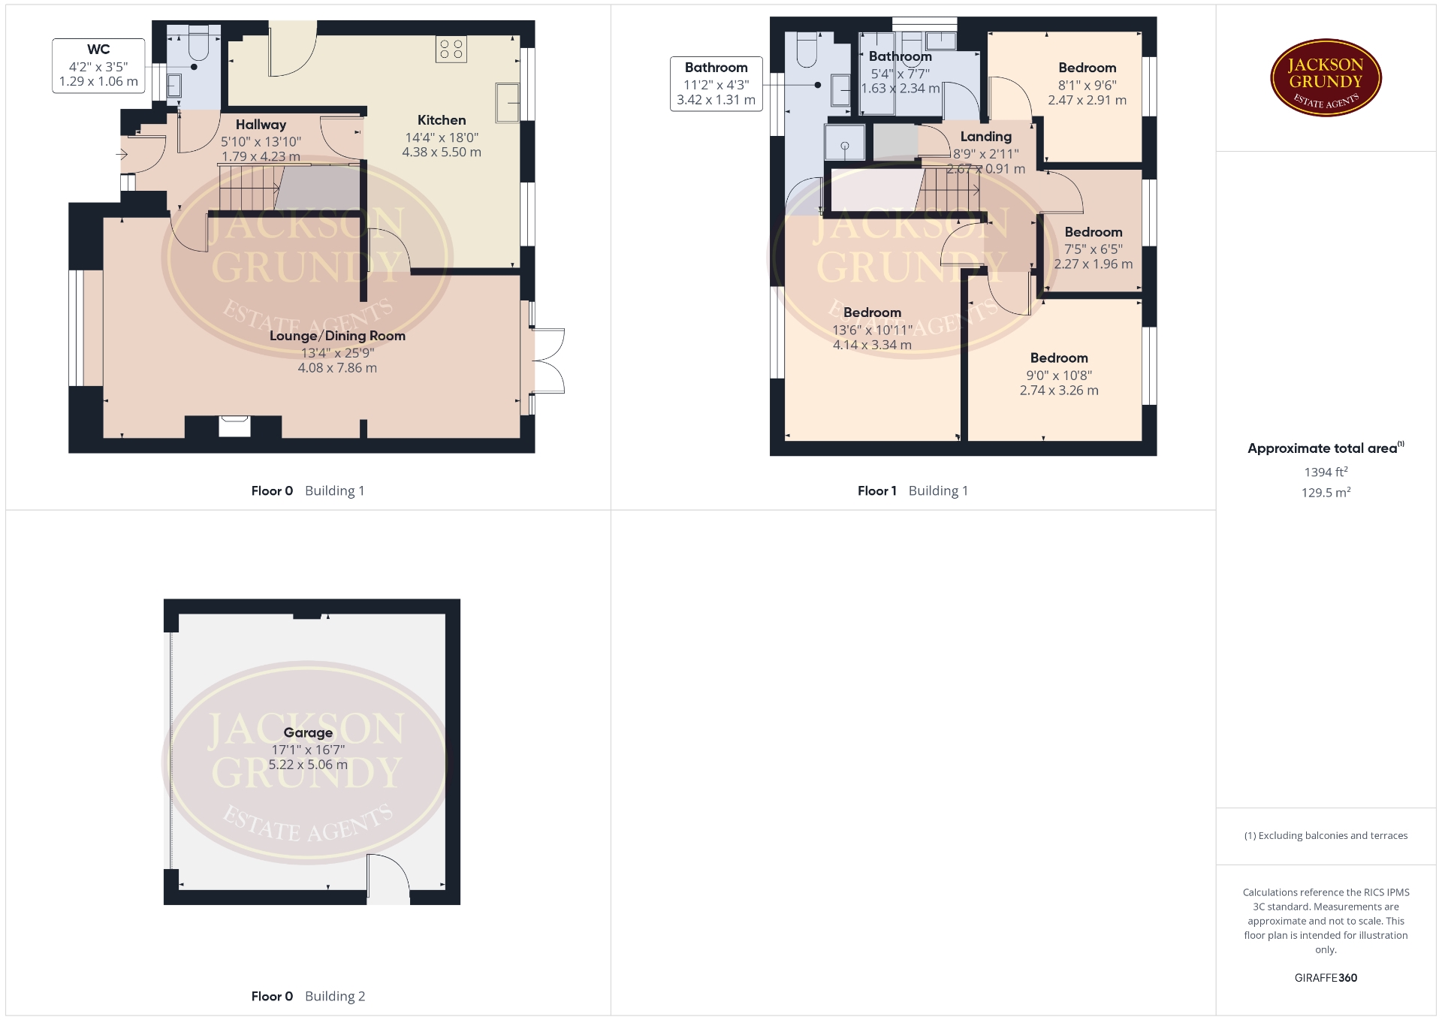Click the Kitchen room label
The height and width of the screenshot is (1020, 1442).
coord(442,120)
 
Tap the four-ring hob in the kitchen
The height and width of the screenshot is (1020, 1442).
coord(451,49)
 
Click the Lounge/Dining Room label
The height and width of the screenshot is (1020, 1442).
coord(337,336)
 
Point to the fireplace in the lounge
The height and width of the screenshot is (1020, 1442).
coord(234,426)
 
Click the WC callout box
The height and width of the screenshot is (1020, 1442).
coord(98,66)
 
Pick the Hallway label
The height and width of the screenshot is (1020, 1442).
coord(261,125)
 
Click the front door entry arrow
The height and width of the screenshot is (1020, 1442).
coord(122,155)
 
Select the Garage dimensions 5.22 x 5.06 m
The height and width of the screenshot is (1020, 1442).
coord(308,765)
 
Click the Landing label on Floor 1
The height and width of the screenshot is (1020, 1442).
coord(986,137)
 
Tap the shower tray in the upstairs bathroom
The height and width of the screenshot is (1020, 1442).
coord(844,142)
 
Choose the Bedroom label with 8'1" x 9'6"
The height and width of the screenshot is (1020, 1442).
coord(1087,68)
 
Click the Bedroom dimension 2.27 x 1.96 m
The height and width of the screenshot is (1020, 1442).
coord(1093,264)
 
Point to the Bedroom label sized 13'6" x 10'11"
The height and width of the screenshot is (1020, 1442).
coord(872,312)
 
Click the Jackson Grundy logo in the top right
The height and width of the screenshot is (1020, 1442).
coord(1326,78)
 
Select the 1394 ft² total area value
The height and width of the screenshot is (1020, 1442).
coord(1326,472)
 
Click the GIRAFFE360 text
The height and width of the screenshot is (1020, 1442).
coord(1326,978)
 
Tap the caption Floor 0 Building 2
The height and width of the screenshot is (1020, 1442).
coord(308,996)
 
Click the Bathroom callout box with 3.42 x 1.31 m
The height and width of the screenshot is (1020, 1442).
coord(716,84)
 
